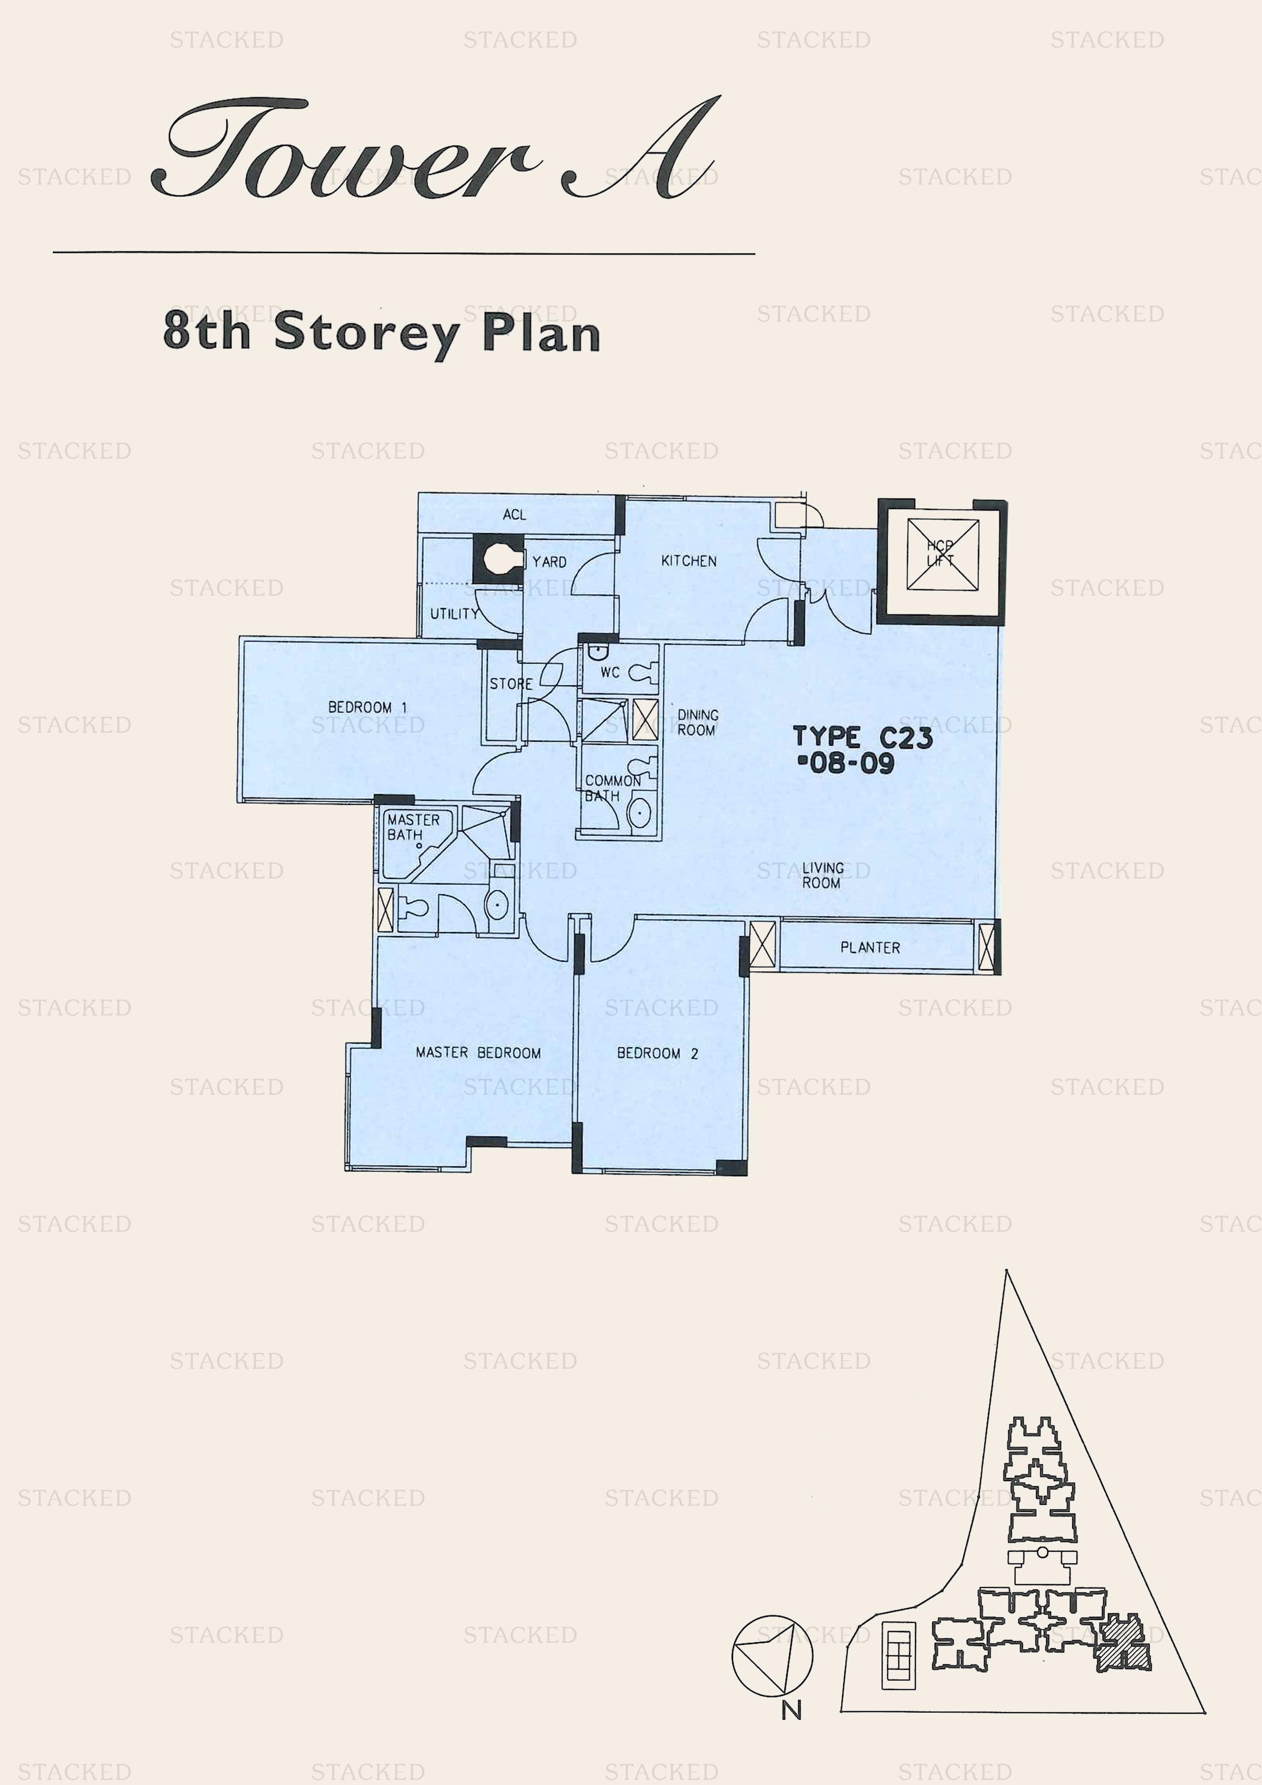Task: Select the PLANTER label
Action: pos(870,947)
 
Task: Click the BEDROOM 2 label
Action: pos(657,1053)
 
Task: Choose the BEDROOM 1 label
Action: pos(367,707)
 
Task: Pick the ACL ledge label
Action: pos(514,514)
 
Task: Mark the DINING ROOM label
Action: pos(698,722)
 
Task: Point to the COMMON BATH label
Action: pos(613,788)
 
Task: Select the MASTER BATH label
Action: pos(413,827)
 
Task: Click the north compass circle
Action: pos(772,1655)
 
